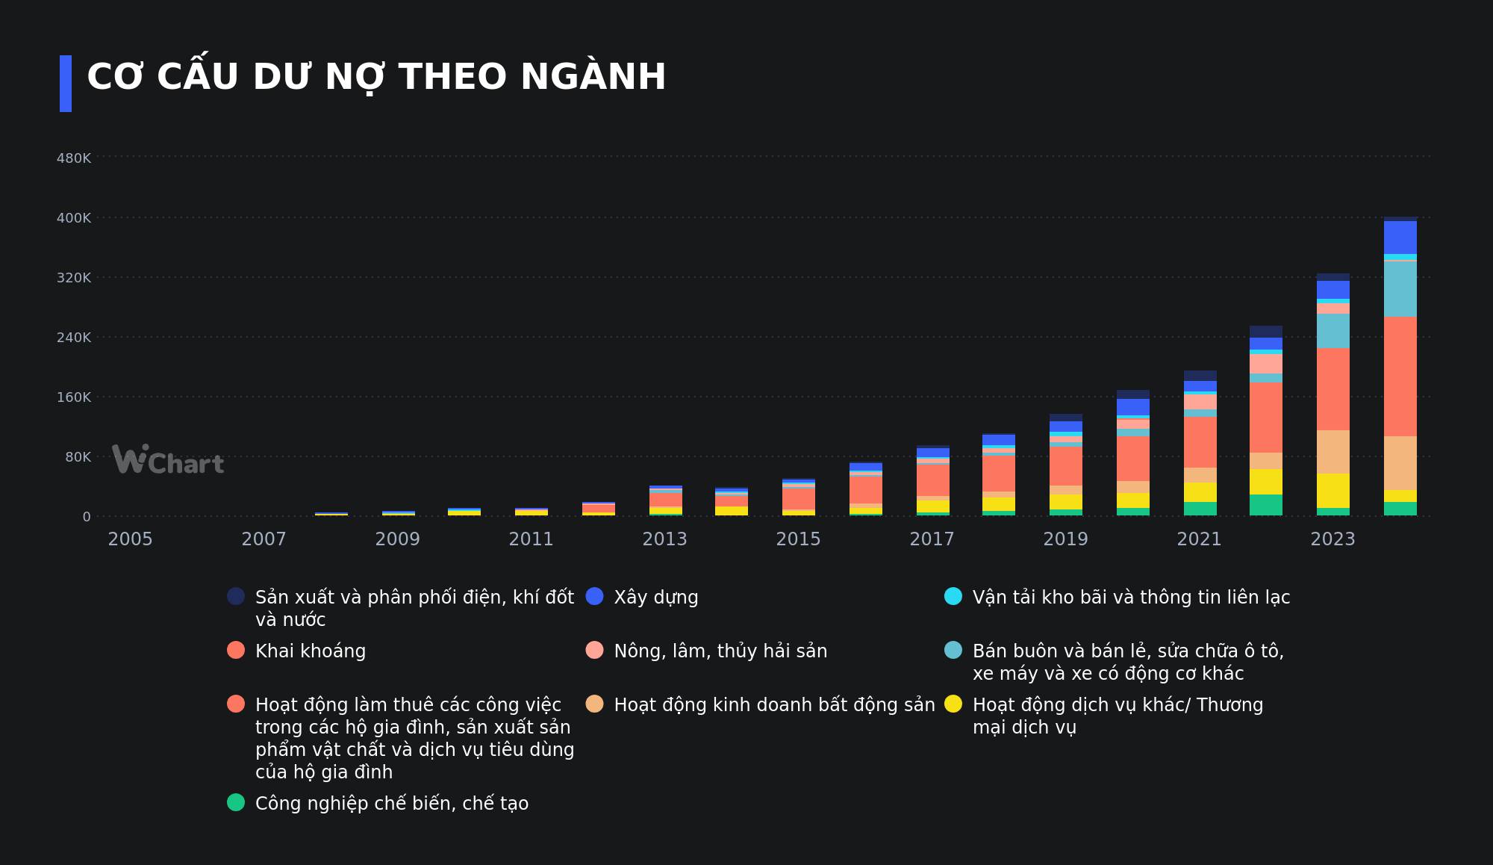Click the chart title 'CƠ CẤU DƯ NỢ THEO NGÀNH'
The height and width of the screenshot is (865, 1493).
(x=376, y=77)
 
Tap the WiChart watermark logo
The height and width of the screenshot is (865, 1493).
(x=168, y=459)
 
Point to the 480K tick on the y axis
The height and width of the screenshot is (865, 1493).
(x=74, y=158)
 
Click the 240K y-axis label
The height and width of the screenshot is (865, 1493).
(x=74, y=338)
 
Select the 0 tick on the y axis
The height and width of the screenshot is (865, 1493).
(x=87, y=517)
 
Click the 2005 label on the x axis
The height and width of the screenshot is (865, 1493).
(x=130, y=539)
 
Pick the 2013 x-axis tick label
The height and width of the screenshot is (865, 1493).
(x=664, y=539)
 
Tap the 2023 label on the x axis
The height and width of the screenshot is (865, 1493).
(x=1333, y=539)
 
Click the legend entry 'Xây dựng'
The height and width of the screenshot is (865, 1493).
(x=655, y=598)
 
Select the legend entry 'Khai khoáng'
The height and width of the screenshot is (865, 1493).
(x=310, y=651)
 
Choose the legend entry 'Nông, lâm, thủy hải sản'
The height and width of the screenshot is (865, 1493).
(x=720, y=651)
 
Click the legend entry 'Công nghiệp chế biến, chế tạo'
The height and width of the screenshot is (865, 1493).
(x=391, y=804)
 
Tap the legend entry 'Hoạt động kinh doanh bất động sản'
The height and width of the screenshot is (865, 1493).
(x=773, y=705)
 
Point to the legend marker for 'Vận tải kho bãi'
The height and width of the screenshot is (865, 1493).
(x=953, y=597)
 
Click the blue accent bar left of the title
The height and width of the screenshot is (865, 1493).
(x=66, y=84)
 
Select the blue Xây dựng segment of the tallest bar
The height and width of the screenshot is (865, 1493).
(x=1400, y=238)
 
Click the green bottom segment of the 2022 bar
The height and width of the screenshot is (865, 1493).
(x=1266, y=505)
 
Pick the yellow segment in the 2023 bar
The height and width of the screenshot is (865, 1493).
(x=1333, y=491)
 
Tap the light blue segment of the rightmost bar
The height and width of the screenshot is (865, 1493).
(x=1400, y=288)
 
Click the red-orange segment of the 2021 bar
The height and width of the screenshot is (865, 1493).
(x=1200, y=442)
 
